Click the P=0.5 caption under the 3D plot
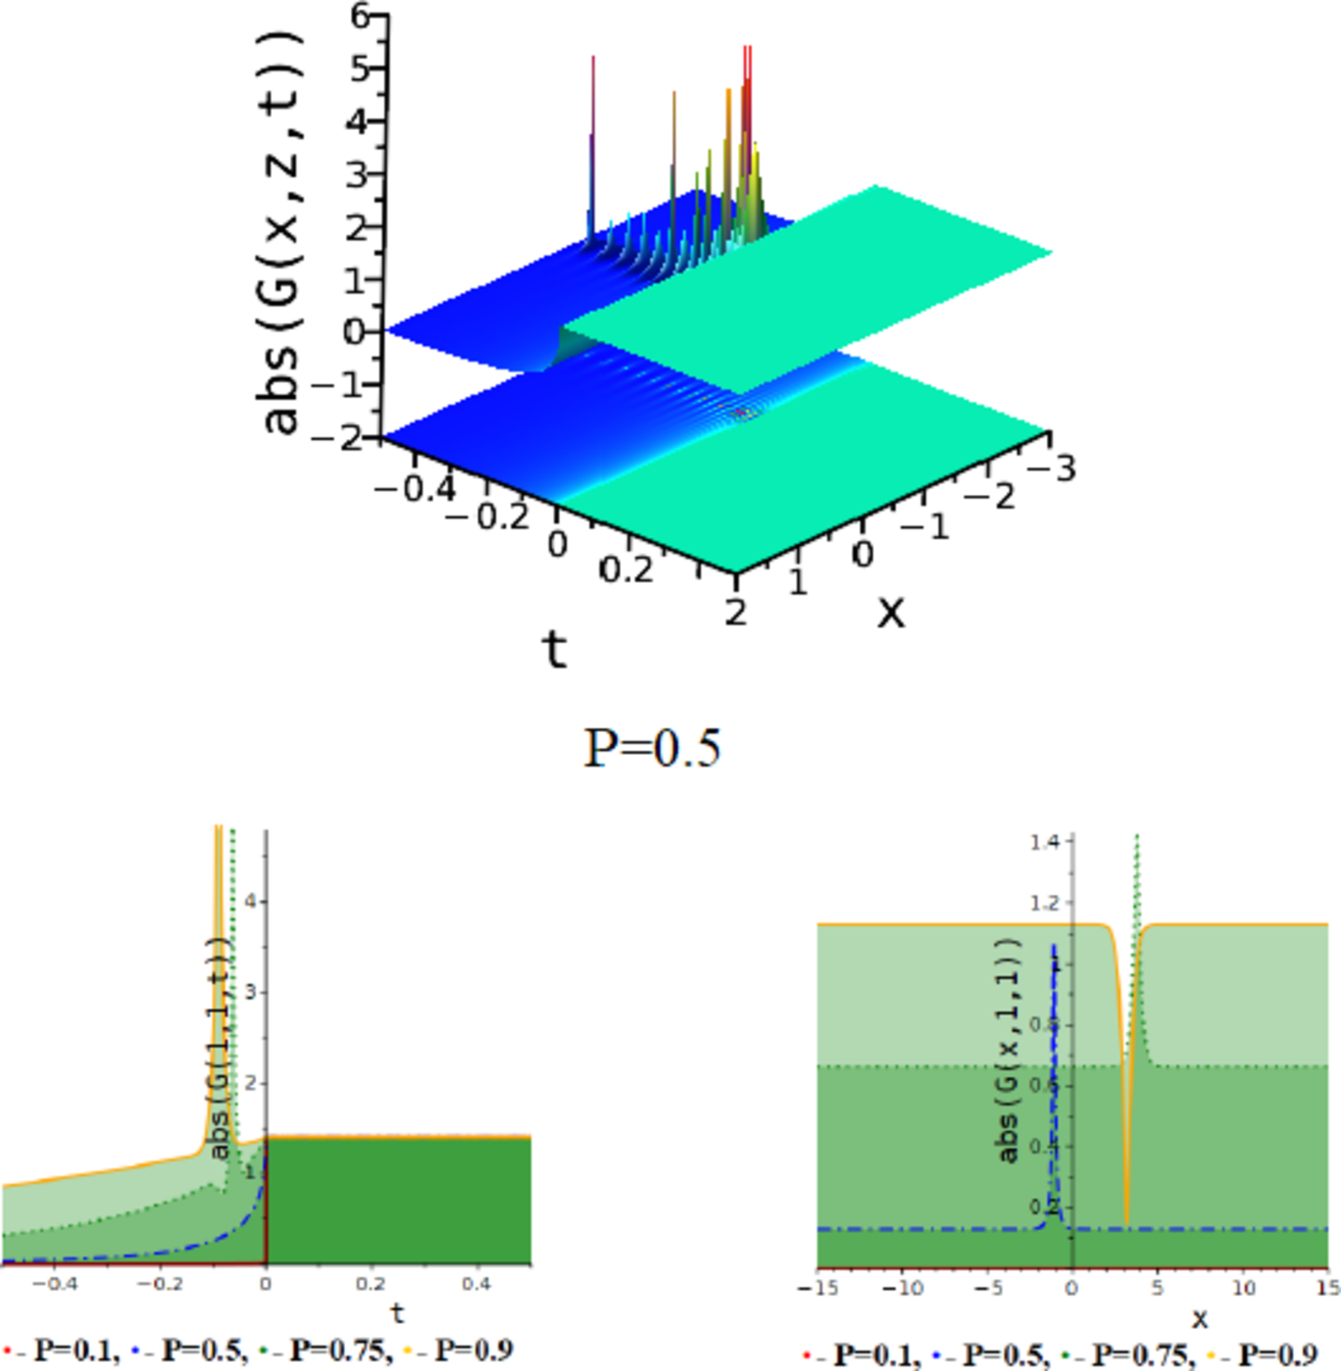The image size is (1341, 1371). tap(652, 748)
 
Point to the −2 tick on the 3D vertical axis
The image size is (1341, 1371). tap(339, 437)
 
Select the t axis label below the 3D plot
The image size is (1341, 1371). tap(555, 650)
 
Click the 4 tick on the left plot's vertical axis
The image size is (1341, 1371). tap(251, 902)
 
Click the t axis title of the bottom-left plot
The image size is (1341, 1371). tap(398, 1313)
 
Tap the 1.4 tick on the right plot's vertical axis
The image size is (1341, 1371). tap(1043, 841)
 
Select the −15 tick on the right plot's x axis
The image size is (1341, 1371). tap(817, 1287)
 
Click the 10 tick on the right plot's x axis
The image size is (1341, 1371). tap(1243, 1287)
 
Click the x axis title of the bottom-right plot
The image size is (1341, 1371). tap(1199, 1319)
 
